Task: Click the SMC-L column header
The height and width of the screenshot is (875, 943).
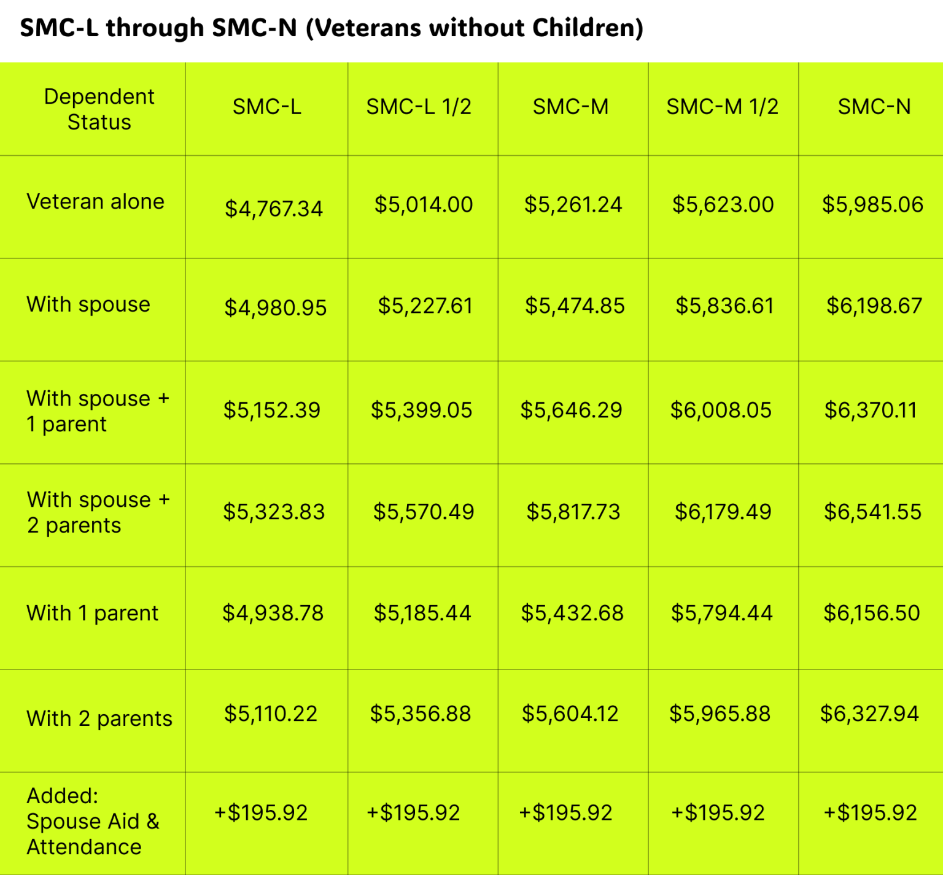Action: [266, 107]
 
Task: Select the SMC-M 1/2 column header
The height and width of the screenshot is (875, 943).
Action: [722, 107]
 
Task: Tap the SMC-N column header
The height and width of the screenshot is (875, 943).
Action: [874, 107]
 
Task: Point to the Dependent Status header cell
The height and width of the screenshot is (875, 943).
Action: [99, 109]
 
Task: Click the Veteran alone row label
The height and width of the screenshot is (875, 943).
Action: [95, 202]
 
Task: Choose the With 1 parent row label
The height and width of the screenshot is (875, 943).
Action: [92, 613]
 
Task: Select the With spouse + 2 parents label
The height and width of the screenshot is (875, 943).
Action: [98, 512]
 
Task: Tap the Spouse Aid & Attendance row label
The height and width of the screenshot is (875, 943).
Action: [93, 821]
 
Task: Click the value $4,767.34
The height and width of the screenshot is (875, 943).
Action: [273, 209]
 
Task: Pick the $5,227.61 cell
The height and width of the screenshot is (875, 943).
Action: [425, 306]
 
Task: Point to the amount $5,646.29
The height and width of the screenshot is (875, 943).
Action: [571, 410]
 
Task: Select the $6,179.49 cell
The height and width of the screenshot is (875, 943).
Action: [723, 512]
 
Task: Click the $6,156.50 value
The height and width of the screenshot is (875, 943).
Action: [871, 613]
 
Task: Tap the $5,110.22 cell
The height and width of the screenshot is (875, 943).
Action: [271, 714]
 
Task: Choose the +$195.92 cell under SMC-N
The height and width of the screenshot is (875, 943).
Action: [870, 813]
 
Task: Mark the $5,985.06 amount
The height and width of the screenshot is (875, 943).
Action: [872, 204]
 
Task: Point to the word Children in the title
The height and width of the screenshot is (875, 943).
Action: [588, 28]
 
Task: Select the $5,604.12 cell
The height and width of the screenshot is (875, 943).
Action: [570, 714]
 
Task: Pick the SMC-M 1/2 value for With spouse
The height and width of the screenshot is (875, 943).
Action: [724, 306]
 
